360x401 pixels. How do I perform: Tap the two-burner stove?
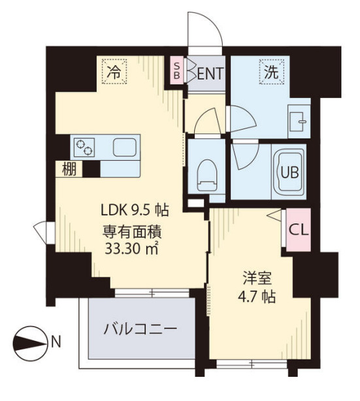(x=85, y=148)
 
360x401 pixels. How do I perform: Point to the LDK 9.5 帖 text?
(x=135, y=210)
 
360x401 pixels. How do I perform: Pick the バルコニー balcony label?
(x=139, y=328)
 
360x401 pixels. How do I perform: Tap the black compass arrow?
(x=29, y=340)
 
